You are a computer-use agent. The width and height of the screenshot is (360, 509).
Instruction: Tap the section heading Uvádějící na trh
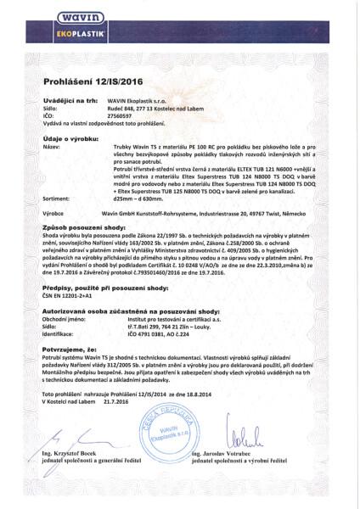click(x=68, y=101)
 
